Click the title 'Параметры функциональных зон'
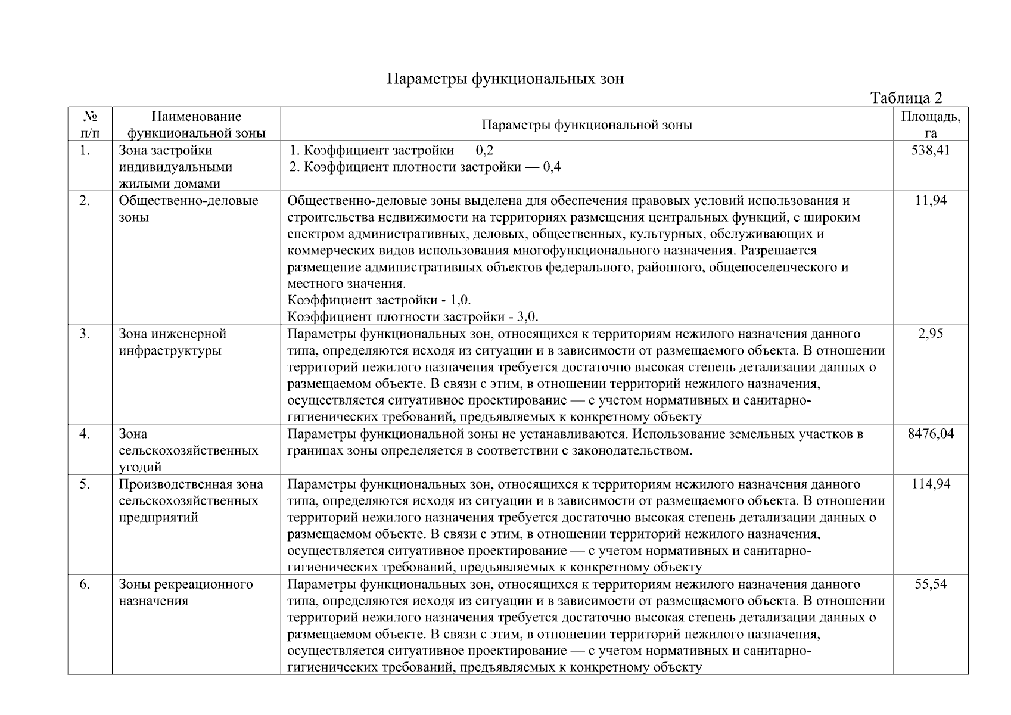505,79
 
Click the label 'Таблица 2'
906,98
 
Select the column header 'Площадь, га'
930,125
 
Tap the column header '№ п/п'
90,125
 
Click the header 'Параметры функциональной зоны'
586,125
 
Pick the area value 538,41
930,150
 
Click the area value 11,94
931,200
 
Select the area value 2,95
931,334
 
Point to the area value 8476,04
931,434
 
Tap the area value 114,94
931,484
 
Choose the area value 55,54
931,584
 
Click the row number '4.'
85,434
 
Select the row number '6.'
85,584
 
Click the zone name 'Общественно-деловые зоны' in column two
188,208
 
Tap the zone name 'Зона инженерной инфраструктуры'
173,342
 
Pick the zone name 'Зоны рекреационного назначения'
185,592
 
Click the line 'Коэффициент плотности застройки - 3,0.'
412,316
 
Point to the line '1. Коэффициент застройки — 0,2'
391,150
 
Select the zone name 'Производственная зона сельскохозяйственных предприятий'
191,500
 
